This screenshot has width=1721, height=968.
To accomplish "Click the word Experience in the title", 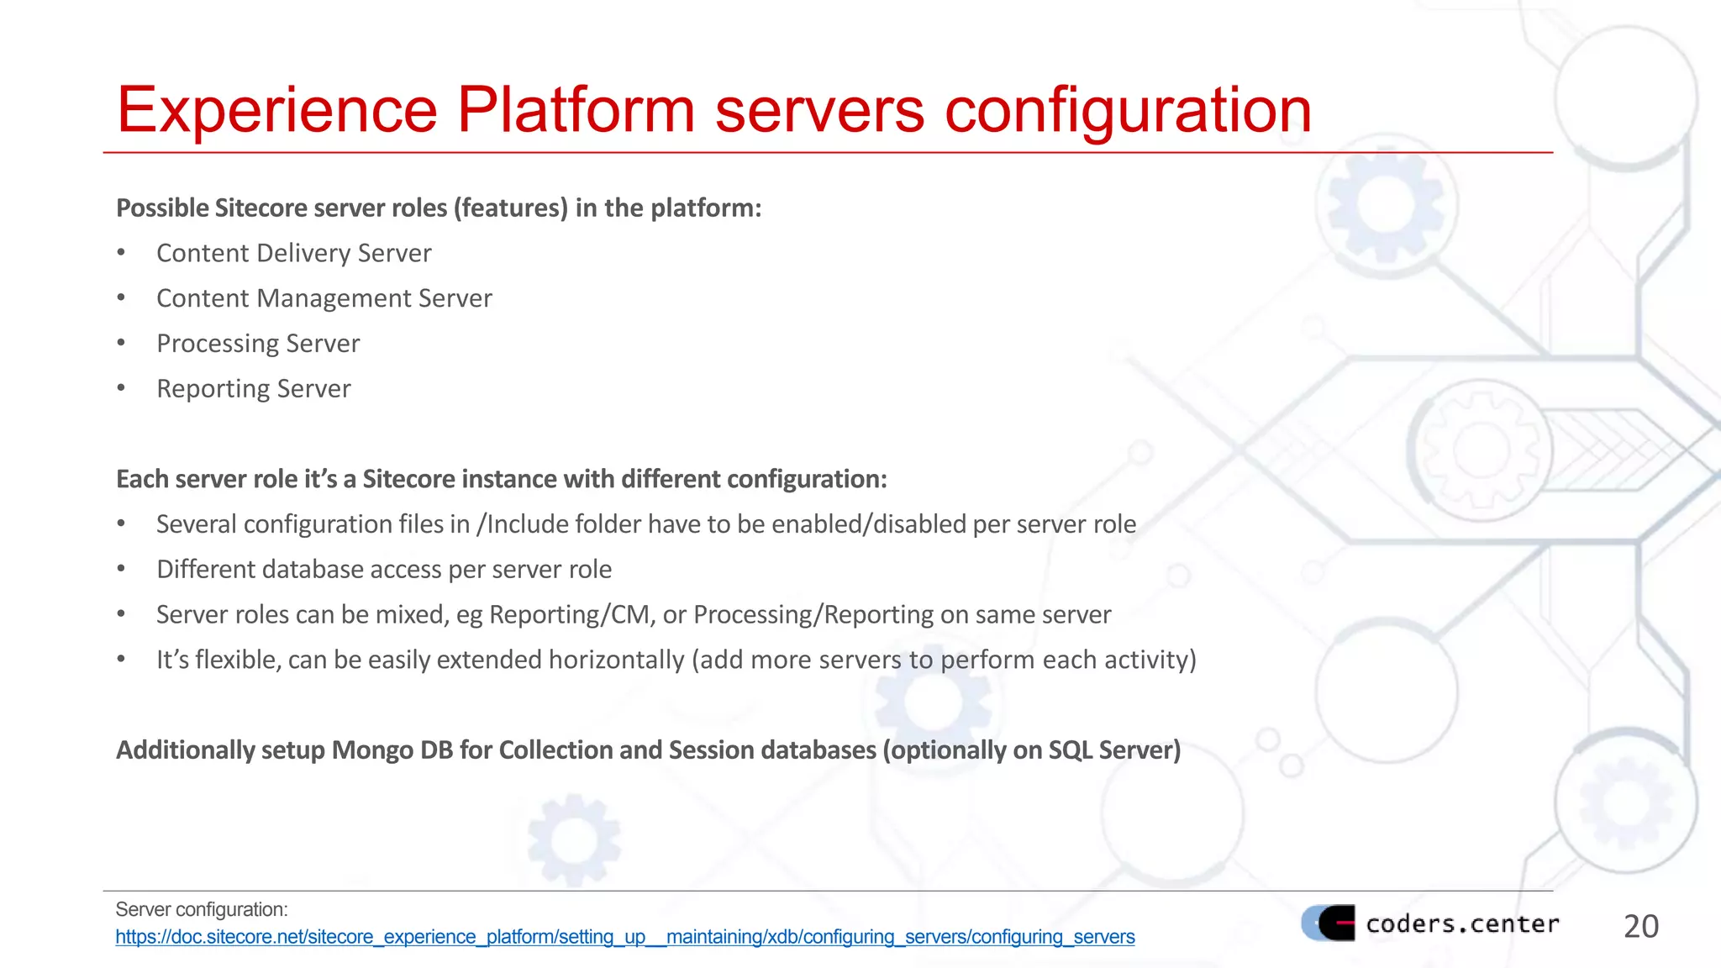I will click(x=277, y=110).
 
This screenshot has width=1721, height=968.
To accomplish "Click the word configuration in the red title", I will click(x=1128, y=110).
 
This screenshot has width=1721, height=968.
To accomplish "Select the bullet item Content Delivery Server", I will click(x=293, y=253).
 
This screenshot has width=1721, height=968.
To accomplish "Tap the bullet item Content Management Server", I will click(x=324, y=298).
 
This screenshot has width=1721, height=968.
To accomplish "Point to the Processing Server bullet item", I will click(x=258, y=344).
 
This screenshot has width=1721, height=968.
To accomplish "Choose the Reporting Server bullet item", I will click(x=253, y=389).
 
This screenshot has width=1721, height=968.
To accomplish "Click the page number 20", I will click(x=1640, y=926).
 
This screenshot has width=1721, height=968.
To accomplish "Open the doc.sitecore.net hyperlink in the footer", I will click(x=624, y=937).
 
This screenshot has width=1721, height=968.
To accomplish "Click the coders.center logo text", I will click(x=1462, y=923).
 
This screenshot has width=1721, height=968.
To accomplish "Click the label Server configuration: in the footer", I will click(x=202, y=909).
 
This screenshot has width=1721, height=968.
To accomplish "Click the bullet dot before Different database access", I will click(x=121, y=570).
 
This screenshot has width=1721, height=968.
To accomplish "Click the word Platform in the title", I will click(x=575, y=110).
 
